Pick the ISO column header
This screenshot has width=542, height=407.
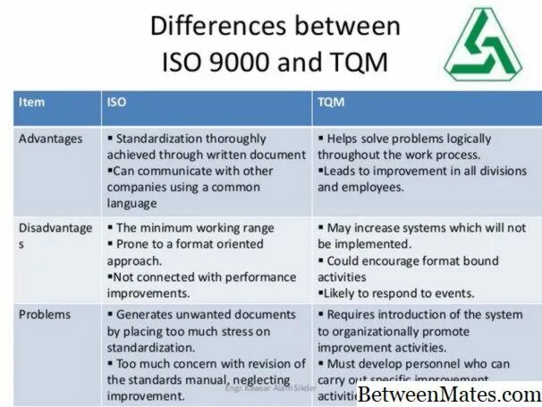pyautogui.click(x=117, y=103)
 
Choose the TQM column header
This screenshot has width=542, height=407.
pyautogui.click(x=331, y=103)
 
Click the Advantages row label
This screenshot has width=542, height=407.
pyautogui.click(x=50, y=139)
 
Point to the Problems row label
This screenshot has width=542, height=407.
pyautogui.click(x=45, y=315)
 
